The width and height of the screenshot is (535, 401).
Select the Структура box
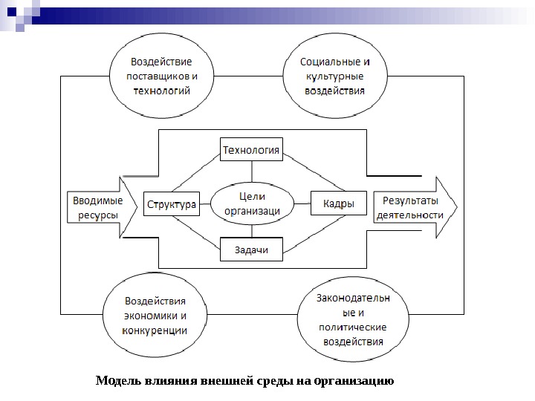(171, 203)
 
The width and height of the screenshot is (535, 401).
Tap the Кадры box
(338, 203)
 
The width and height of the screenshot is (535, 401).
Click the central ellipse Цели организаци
(252, 203)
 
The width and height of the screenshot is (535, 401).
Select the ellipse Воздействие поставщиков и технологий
(161, 76)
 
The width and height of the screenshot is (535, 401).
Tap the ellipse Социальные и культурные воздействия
(335, 76)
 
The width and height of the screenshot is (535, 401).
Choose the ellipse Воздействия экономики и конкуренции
(155, 316)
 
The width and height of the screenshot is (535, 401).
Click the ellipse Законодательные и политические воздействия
(351, 320)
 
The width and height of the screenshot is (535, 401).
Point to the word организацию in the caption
(354, 382)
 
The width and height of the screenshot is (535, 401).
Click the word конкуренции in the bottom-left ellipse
(155, 330)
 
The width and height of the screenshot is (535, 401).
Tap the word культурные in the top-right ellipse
(335, 76)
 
